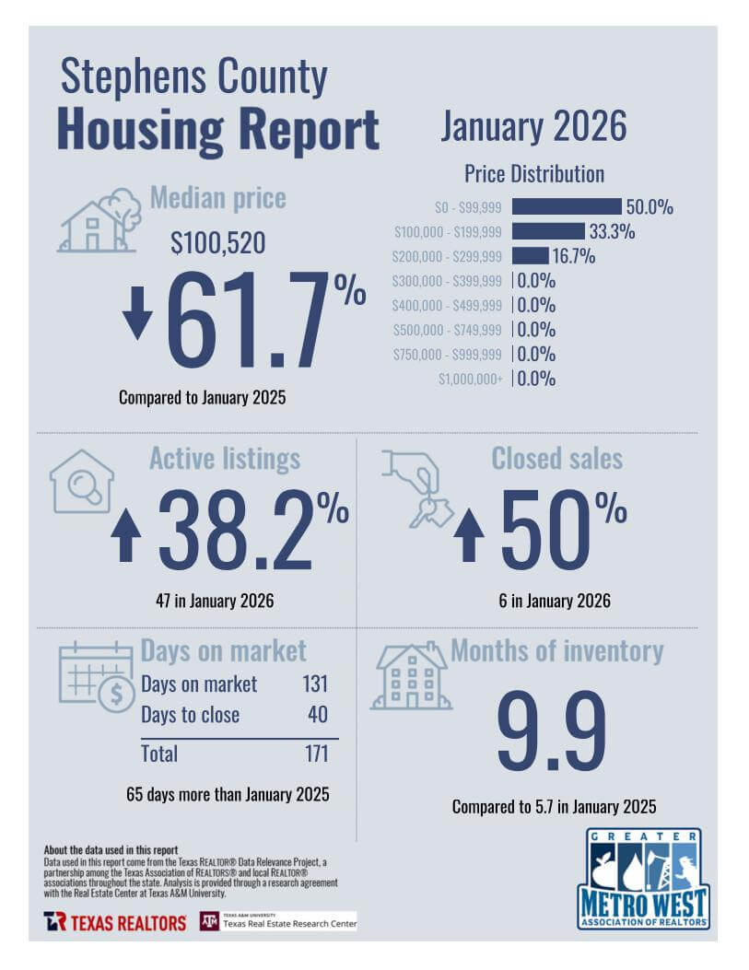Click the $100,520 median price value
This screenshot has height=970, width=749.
218,243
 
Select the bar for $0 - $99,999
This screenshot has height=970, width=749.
567,206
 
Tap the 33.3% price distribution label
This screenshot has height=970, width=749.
612,231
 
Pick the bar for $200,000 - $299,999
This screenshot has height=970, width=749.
530,256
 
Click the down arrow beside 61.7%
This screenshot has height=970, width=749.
137,313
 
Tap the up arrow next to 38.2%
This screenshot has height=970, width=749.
126,535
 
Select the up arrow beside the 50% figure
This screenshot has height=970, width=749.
469,535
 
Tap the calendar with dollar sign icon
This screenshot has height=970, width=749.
97,677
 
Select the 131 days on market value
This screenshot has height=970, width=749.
315,684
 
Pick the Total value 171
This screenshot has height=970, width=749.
316,754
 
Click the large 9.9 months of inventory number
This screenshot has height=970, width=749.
552,732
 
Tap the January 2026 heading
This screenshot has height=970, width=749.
532,126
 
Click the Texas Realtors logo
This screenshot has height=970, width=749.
115,922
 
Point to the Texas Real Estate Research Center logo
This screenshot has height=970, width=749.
278,921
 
